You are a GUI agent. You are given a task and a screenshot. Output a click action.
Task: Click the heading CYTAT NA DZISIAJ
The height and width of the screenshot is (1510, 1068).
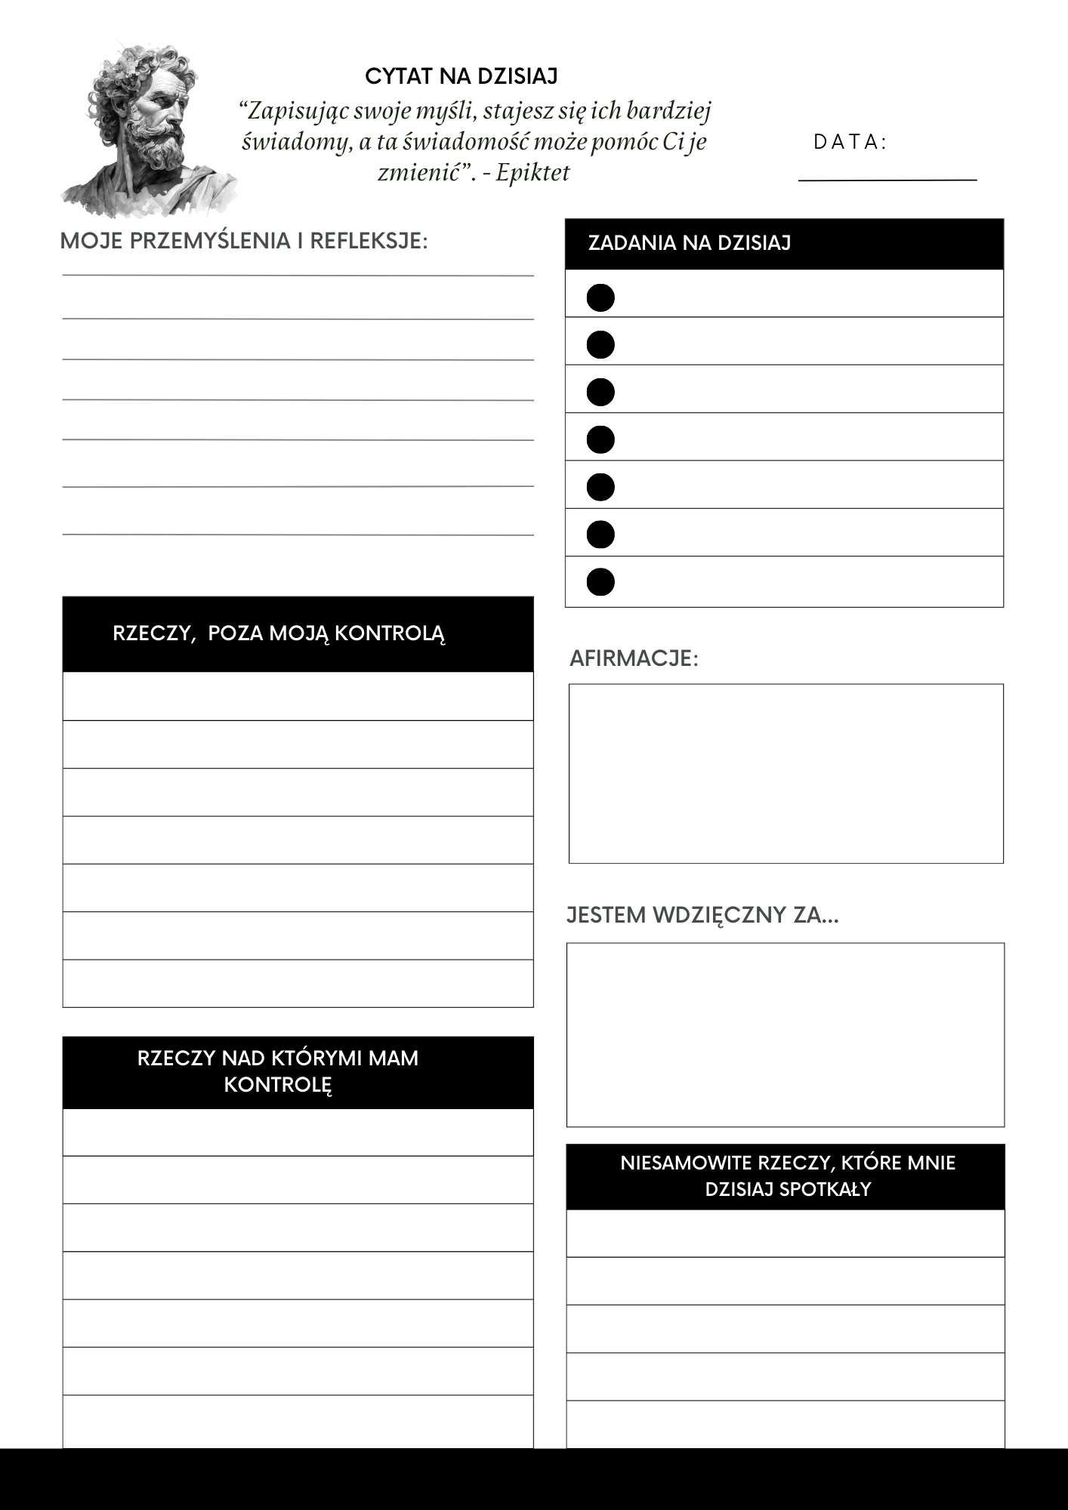[461, 76]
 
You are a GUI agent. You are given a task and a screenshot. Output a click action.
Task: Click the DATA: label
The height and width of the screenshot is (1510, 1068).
[850, 142]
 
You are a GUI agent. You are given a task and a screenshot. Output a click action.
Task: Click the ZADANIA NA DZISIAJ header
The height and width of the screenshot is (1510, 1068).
[689, 243]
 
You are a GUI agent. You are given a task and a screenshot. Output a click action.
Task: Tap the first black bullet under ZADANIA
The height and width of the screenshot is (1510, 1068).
[600, 297]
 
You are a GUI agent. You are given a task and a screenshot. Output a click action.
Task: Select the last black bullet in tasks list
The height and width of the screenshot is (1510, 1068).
[600, 582]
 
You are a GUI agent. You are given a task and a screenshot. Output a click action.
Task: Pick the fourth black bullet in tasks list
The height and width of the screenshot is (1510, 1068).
[600, 439]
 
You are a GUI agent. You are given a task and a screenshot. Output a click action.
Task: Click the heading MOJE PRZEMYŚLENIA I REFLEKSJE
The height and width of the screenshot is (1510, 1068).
[243, 241]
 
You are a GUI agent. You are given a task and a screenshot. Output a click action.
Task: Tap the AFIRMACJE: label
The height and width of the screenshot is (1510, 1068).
[634, 658]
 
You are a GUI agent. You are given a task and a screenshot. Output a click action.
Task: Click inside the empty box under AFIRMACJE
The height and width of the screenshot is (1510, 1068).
[786, 773]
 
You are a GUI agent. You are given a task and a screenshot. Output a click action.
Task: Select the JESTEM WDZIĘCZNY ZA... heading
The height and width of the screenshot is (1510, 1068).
[702, 915]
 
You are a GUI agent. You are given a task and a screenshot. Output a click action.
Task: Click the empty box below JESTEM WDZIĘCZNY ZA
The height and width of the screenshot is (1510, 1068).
[786, 1034]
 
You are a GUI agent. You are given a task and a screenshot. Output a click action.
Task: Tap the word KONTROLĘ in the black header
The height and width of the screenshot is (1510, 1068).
[278, 1085]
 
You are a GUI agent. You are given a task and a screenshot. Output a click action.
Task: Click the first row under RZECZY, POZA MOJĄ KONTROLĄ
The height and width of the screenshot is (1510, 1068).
[298, 696]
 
